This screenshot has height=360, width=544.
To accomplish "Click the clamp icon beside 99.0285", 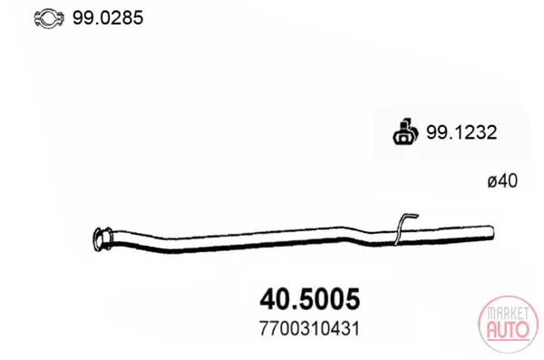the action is coord(49,18).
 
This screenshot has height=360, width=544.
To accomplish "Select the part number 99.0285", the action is coord(108,18).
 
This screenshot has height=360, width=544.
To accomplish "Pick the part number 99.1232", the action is coord(461,132).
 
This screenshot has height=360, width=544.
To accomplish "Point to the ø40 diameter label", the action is coord(502,181).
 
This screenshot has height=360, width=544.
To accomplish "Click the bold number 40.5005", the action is coord(310,299).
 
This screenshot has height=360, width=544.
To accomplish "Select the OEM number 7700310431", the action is coord(309,329).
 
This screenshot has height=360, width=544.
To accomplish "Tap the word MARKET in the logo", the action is coord(509,314).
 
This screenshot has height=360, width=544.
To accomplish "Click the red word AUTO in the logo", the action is coord(509,330).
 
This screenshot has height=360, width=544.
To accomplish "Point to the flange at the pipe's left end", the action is coord(102,238).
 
